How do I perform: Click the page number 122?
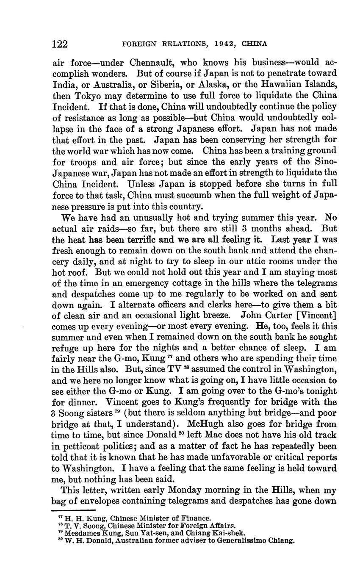[60, 44]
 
